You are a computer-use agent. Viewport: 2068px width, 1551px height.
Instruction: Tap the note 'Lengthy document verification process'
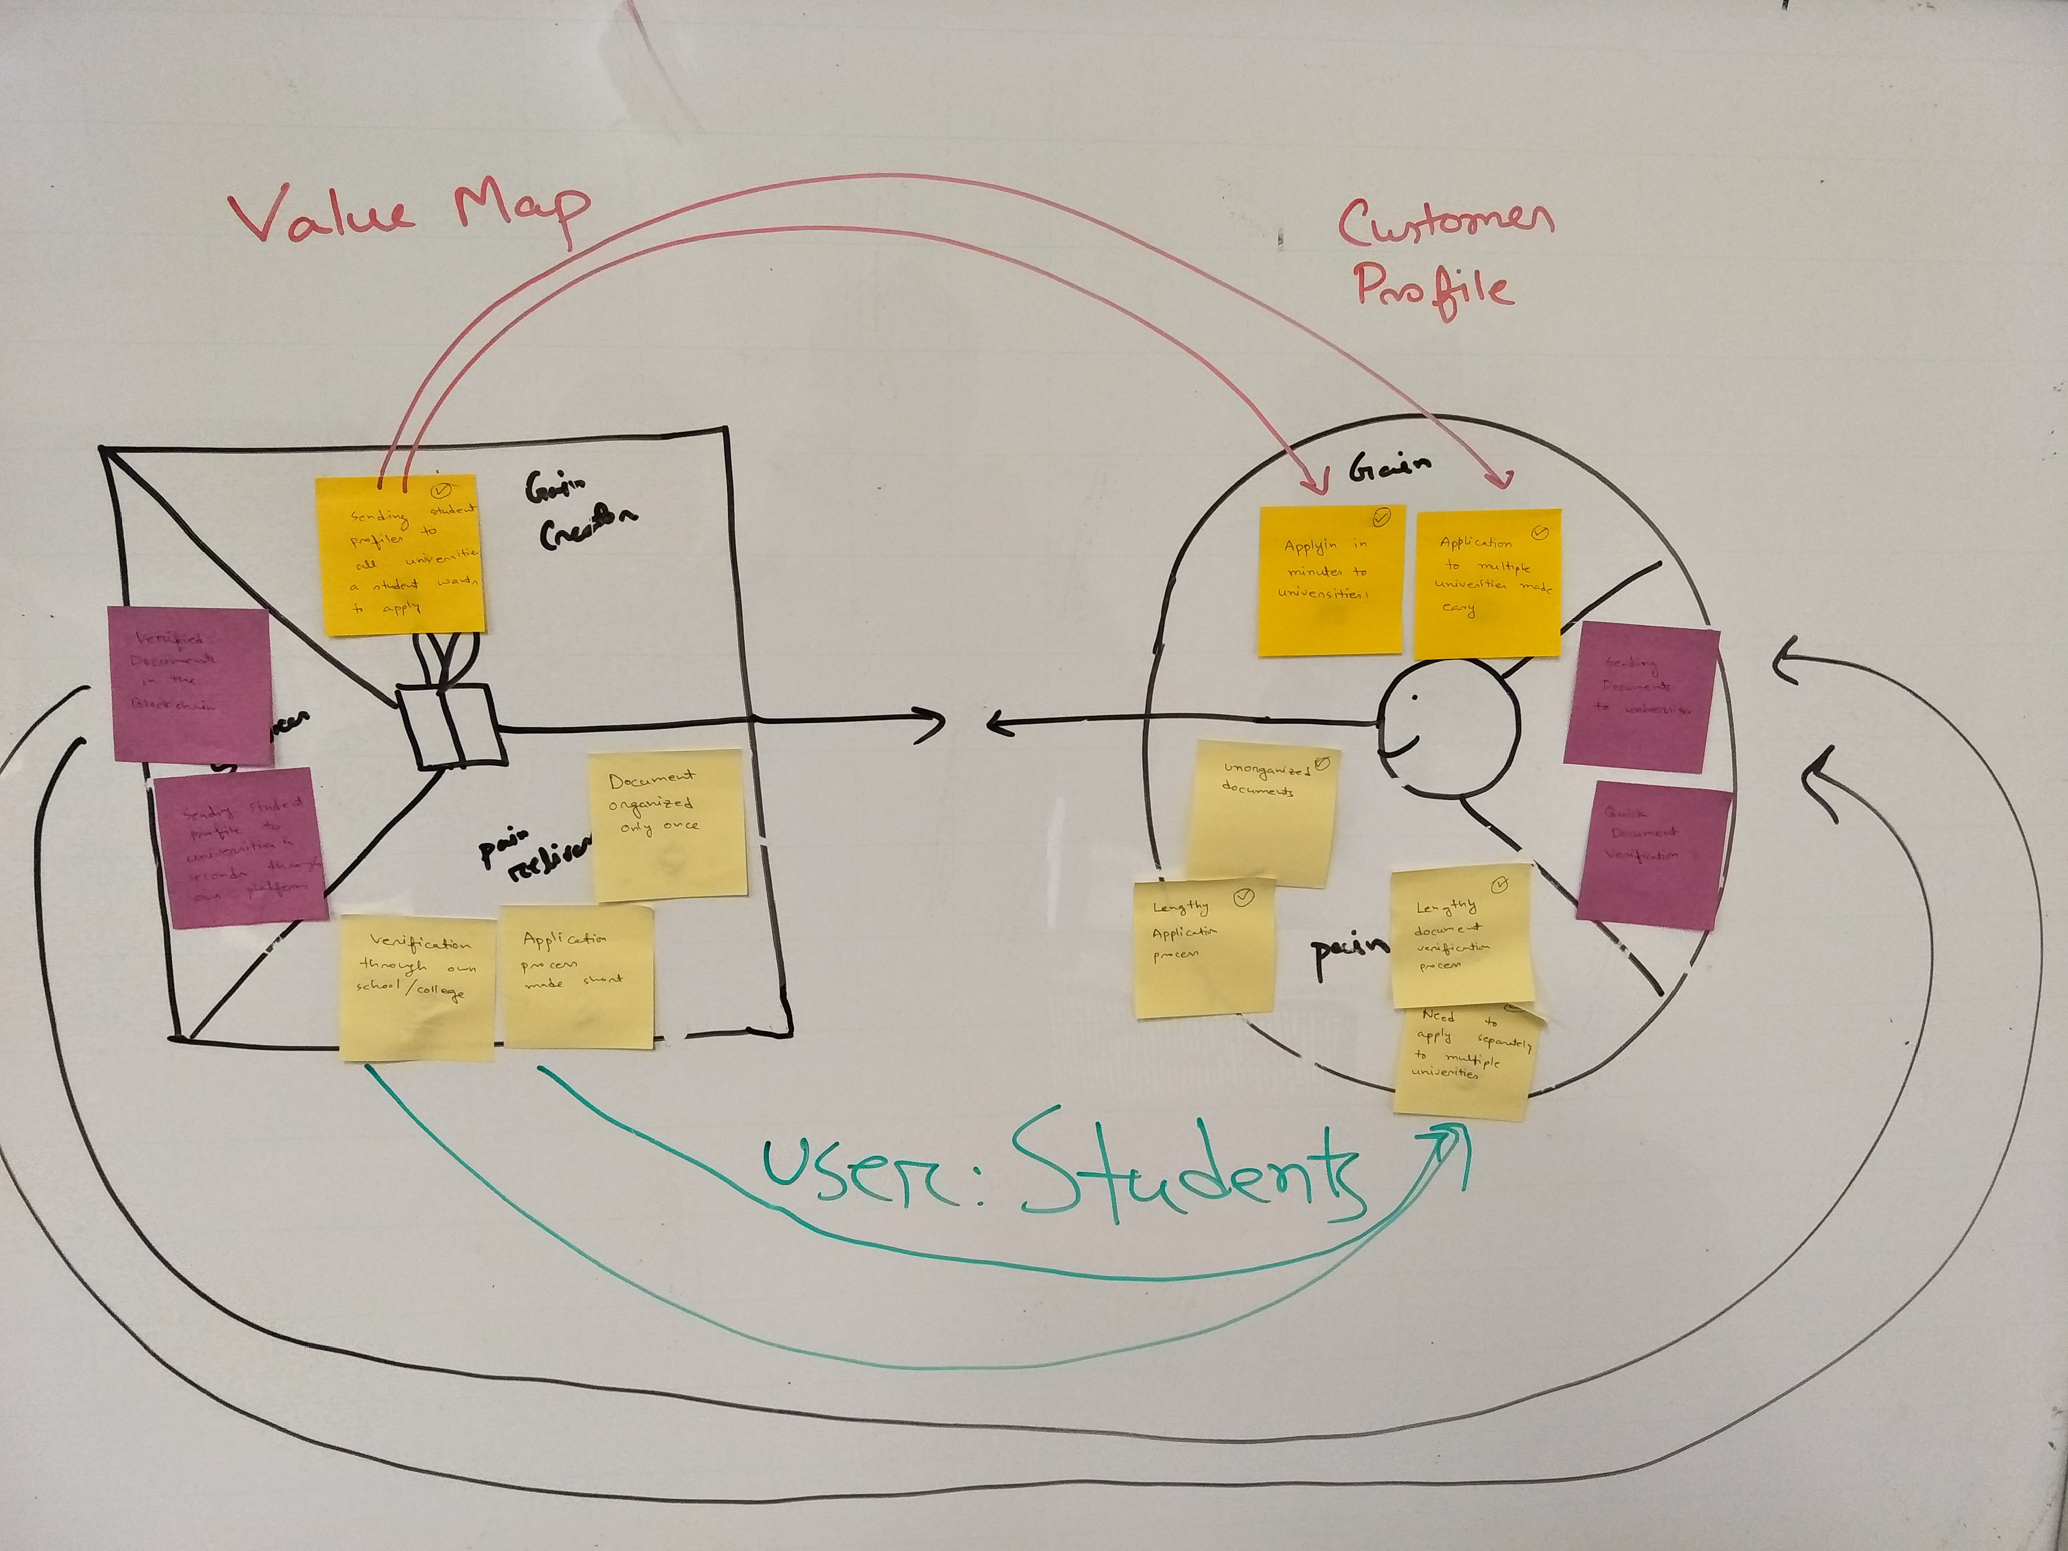point(1461,935)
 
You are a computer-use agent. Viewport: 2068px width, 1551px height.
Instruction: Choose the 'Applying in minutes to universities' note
point(1329,580)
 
